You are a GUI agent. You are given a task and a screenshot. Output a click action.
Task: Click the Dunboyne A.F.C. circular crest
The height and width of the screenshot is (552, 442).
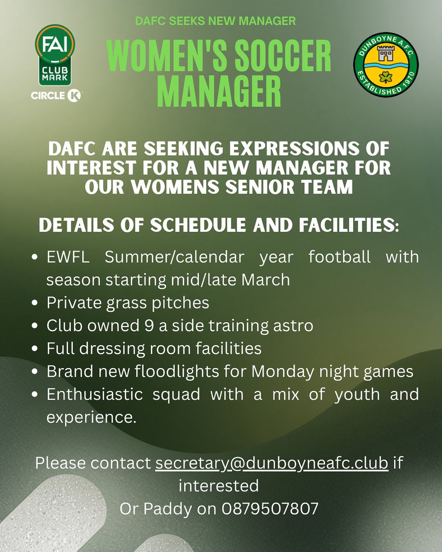pyautogui.click(x=386, y=67)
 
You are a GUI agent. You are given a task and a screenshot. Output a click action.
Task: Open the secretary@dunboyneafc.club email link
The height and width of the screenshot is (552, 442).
pyautogui.click(x=272, y=463)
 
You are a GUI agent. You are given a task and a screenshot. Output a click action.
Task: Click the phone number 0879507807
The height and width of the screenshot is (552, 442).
pyautogui.click(x=270, y=508)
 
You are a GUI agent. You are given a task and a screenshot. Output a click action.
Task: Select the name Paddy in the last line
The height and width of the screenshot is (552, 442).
pyautogui.click(x=166, y=508)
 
